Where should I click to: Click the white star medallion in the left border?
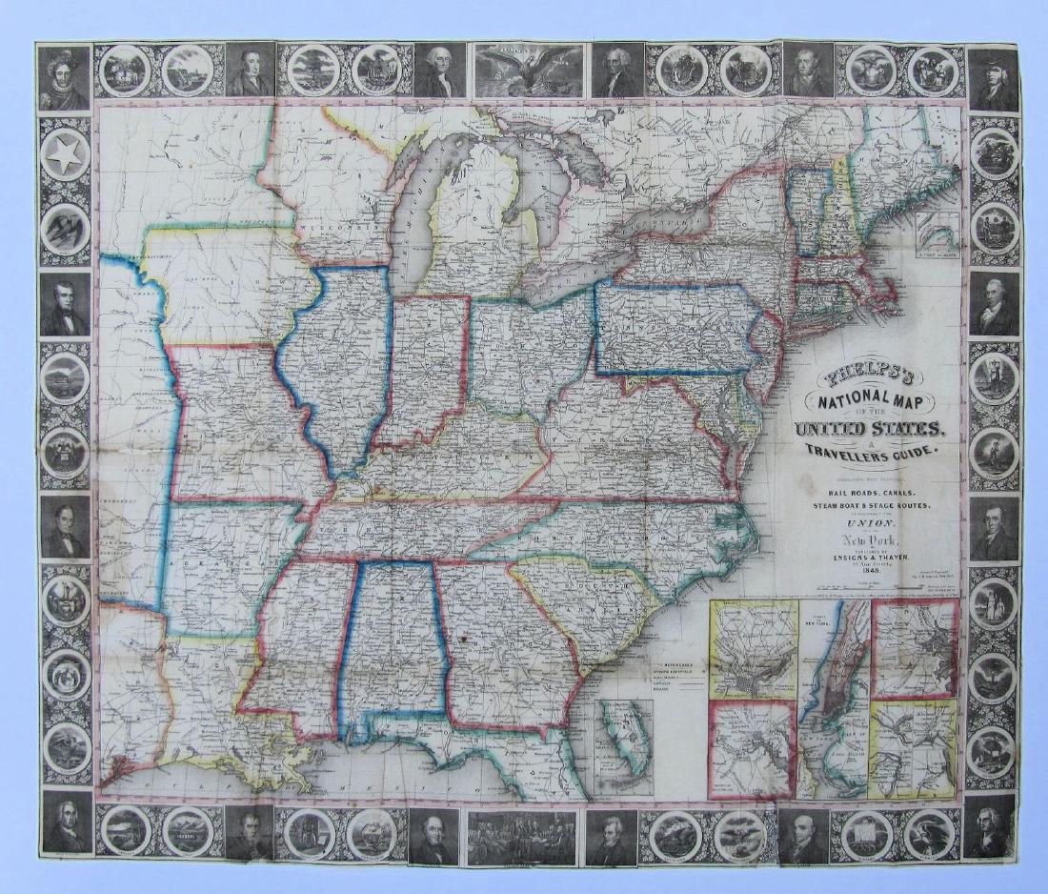point(65,155)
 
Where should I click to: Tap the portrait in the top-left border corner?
point(65,74)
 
